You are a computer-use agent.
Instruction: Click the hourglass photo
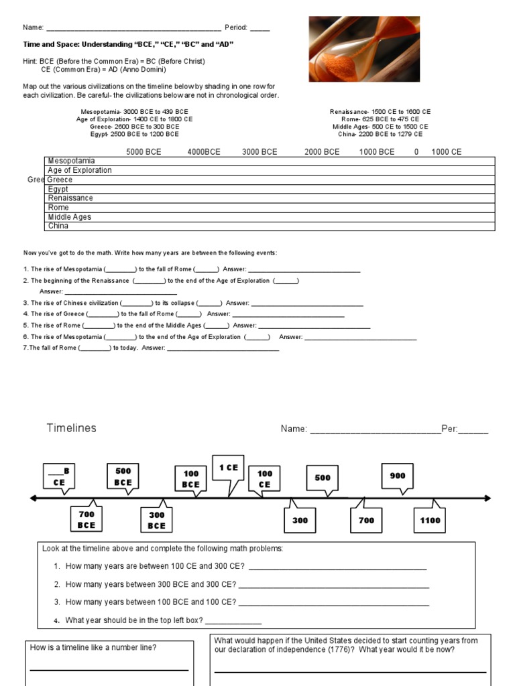(x=364, y=49)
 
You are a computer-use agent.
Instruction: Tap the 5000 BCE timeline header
(x=144, y=152)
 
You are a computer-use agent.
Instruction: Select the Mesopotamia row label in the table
(x=71, y=161)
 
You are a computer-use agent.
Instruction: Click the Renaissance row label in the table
(x=70, y=198)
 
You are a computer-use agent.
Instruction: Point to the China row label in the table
(x=58, y=226)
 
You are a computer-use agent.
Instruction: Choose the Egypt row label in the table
(x=58, y=189)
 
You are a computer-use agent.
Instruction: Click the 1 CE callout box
(x=229, y=468)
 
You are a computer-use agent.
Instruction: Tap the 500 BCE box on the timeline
(x=123, y=476)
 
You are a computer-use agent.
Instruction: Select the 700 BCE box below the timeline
(x=87, y=519)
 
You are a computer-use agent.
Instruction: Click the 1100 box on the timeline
(x=430, y=520)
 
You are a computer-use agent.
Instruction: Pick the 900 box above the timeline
(x=398, y=476)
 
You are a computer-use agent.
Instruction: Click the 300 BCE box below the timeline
(x=156, y=520)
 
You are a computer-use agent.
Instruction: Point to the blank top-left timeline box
(x=59, y=476)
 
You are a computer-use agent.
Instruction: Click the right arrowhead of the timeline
(x=488, y=498)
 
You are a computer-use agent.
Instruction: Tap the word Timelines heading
(x=71, y=428)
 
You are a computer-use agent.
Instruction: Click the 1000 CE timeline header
(x=446, y=152)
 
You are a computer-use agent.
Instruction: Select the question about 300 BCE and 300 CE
(x=150, y=584)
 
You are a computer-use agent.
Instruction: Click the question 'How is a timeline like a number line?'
(x=94, y=647)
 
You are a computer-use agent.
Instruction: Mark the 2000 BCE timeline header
(x=322, y=152)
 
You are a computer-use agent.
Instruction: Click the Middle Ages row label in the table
(x=69, y=217)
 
